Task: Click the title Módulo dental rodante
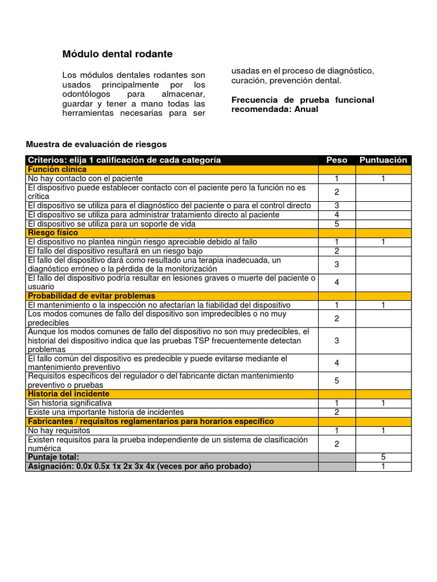point(117,54)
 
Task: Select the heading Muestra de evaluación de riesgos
point(97,144)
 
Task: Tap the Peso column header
point(336,160)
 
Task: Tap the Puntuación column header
point(383,160)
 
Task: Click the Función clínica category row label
point(57,169)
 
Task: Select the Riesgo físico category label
point(53,232)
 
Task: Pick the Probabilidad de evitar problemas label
point(91,296)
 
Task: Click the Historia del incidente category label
point(69,393)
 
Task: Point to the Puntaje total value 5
point(383,457)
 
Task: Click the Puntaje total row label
point(53,457)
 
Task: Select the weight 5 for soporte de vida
point(337,223)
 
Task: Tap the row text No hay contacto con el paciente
point(85,178)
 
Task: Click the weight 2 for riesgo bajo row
point(337,251)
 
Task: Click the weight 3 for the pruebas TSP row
point(337,340)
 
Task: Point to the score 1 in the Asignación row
point(383,466)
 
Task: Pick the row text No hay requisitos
point(59,430)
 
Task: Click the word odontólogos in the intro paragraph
point(85,93)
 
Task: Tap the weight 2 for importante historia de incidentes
point(337,411)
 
